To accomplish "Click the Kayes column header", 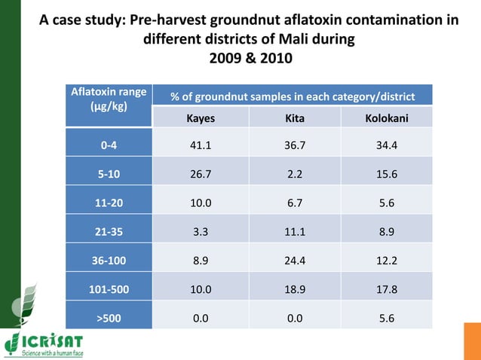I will click(200, 118).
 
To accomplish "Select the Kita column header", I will click(294, 118).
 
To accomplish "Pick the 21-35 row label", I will click(109, 232).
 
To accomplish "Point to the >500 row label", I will click(109, 318).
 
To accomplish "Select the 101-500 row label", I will click(109, 289).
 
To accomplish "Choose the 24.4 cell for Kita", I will click(294, 261).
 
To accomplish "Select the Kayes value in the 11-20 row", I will click(200, 203).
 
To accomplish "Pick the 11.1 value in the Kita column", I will click(294, 232).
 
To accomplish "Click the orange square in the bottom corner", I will click(472, 341).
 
